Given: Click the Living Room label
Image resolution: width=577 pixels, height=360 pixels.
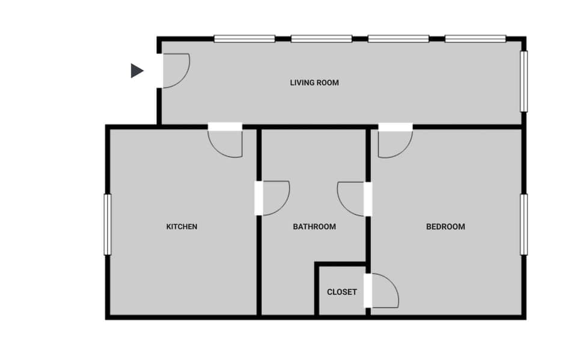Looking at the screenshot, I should pos(314,82).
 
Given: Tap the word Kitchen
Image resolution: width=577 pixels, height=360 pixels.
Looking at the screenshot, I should pos(182,227).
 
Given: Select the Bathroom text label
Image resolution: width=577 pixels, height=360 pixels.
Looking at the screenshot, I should pos(314,227).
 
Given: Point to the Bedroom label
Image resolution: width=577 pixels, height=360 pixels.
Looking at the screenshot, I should pos(445,227).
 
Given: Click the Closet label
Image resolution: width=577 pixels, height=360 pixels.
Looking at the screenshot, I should pos(342,292).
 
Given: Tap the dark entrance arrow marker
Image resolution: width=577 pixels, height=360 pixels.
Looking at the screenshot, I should pos(137,71).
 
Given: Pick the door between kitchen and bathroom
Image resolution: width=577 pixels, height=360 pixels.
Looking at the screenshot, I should pos(273,197).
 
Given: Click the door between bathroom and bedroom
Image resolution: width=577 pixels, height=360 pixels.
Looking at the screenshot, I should pos(353,198).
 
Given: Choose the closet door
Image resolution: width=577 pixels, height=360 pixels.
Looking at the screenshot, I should pos(383,291).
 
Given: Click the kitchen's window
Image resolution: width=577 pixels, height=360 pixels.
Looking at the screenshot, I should pos(108,224).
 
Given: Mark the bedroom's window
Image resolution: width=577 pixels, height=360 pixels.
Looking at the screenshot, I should pos(524,224).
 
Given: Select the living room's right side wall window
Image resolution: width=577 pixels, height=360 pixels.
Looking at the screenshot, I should pos(524,81).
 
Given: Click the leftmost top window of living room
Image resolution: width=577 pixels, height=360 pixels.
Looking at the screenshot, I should pos(245,39).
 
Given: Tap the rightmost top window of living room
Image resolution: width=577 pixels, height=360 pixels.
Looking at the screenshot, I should pos(475,39).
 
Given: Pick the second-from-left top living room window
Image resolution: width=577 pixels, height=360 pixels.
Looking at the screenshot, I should pos(322,39).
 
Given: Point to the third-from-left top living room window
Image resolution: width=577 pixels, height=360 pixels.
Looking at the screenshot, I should pos(398,39).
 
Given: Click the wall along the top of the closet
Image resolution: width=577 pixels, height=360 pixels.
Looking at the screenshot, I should pos(341,264).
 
